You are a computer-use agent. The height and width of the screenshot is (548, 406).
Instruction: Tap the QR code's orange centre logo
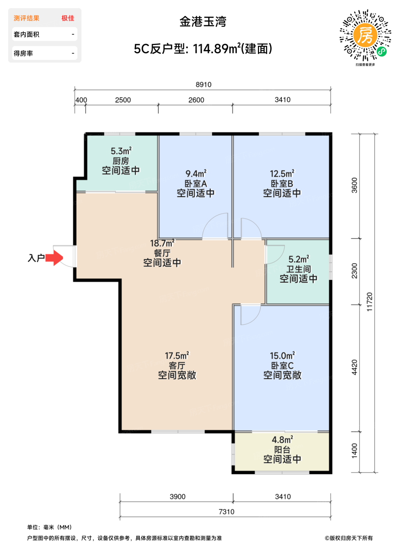[365, 35]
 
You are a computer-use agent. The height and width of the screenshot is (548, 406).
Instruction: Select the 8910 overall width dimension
[203, 85]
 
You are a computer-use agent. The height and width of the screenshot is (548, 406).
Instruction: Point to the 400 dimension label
[81, 100]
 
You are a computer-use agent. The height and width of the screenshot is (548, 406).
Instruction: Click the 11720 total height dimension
[370, 302]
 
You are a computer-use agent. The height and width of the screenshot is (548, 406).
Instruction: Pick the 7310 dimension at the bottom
[226, 512]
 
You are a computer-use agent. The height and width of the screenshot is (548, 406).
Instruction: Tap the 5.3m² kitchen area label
[121, 151]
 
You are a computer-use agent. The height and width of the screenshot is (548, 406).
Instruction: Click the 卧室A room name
[196, 184]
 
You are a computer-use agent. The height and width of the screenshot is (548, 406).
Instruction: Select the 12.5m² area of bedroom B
[282, 173]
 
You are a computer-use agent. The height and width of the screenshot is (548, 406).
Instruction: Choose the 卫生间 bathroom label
[299, 269]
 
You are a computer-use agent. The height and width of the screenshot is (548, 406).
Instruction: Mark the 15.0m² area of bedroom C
[282, 355]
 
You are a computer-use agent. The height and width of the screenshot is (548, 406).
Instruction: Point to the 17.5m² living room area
[177, 355]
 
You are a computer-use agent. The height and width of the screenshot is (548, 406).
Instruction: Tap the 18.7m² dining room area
[162, 243]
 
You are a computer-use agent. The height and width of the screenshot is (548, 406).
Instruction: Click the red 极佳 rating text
[68, 18]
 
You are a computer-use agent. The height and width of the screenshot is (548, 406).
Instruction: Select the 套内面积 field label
[27, 34]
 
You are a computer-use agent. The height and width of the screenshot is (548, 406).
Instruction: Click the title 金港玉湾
[203, 22]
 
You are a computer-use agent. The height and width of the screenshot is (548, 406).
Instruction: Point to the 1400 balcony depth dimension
[354, 451]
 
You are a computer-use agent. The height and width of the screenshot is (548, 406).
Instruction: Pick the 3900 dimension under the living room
[177, 496]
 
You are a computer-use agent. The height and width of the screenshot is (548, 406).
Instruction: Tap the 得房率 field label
[23, 53]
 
